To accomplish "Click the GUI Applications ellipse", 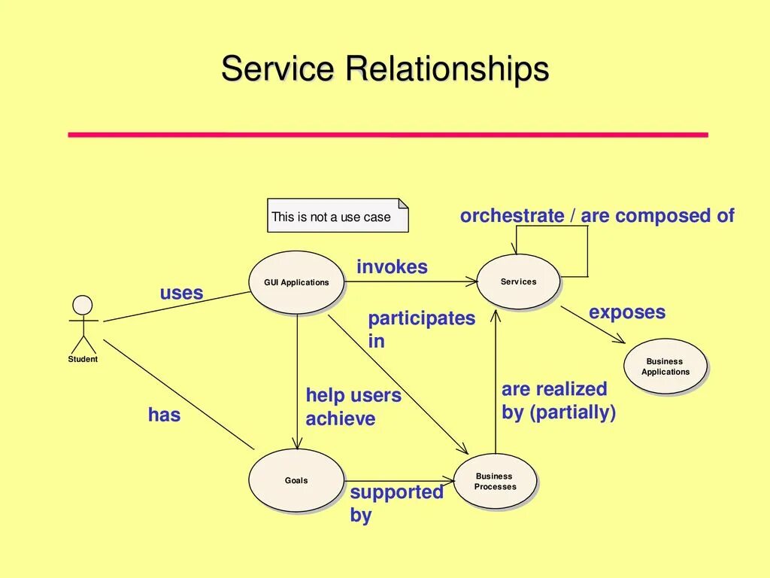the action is click(x=296, y=282).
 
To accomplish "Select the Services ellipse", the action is click(x=518, y=281).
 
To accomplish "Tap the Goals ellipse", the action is click(x=296, y=480).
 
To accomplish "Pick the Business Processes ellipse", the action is click(x=495, y=481).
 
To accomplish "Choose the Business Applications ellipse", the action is click(x=665, y=367).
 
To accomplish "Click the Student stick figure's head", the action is click(x=83, y=306).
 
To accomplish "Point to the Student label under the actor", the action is click(x=83, y=359).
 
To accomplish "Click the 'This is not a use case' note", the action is click(x=338, y=215).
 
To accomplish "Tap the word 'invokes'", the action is click(x=392, y=267).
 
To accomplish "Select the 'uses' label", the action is click(x=181, y=293).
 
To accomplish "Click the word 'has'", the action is click(x=164, y=415).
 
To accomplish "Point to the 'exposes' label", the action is click(x=627, y=312).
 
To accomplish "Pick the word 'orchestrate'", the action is click(x=511, y=216).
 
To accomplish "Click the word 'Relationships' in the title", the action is click(x=447, y=68).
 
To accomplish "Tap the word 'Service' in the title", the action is click(x=277, y=68).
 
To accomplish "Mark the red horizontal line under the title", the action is click(x=388, y=135).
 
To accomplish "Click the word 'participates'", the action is click(x=421, y=319).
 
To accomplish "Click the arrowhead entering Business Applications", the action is click(x=620, y=340).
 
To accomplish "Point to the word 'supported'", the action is click(x=397, y=492).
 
